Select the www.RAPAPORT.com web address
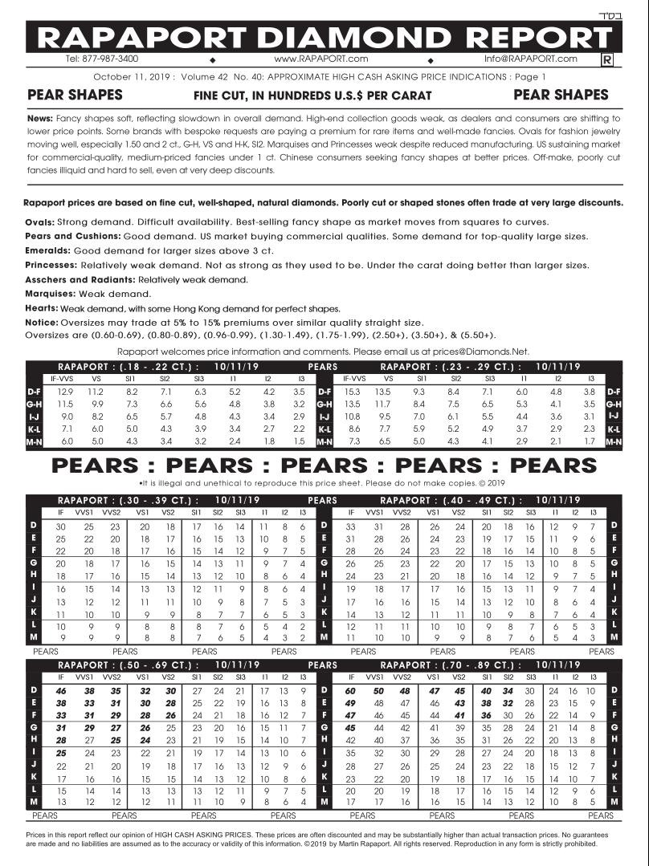tap(320, 59)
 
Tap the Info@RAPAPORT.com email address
tap(530, 59)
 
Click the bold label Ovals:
tap(40, 222)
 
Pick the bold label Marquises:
tap(50, 294)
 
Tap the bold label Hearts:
tap(42, 308)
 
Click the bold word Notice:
tap(42, 323)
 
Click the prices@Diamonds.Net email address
tap(480, 351)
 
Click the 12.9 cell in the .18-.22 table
tap(65, 391)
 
